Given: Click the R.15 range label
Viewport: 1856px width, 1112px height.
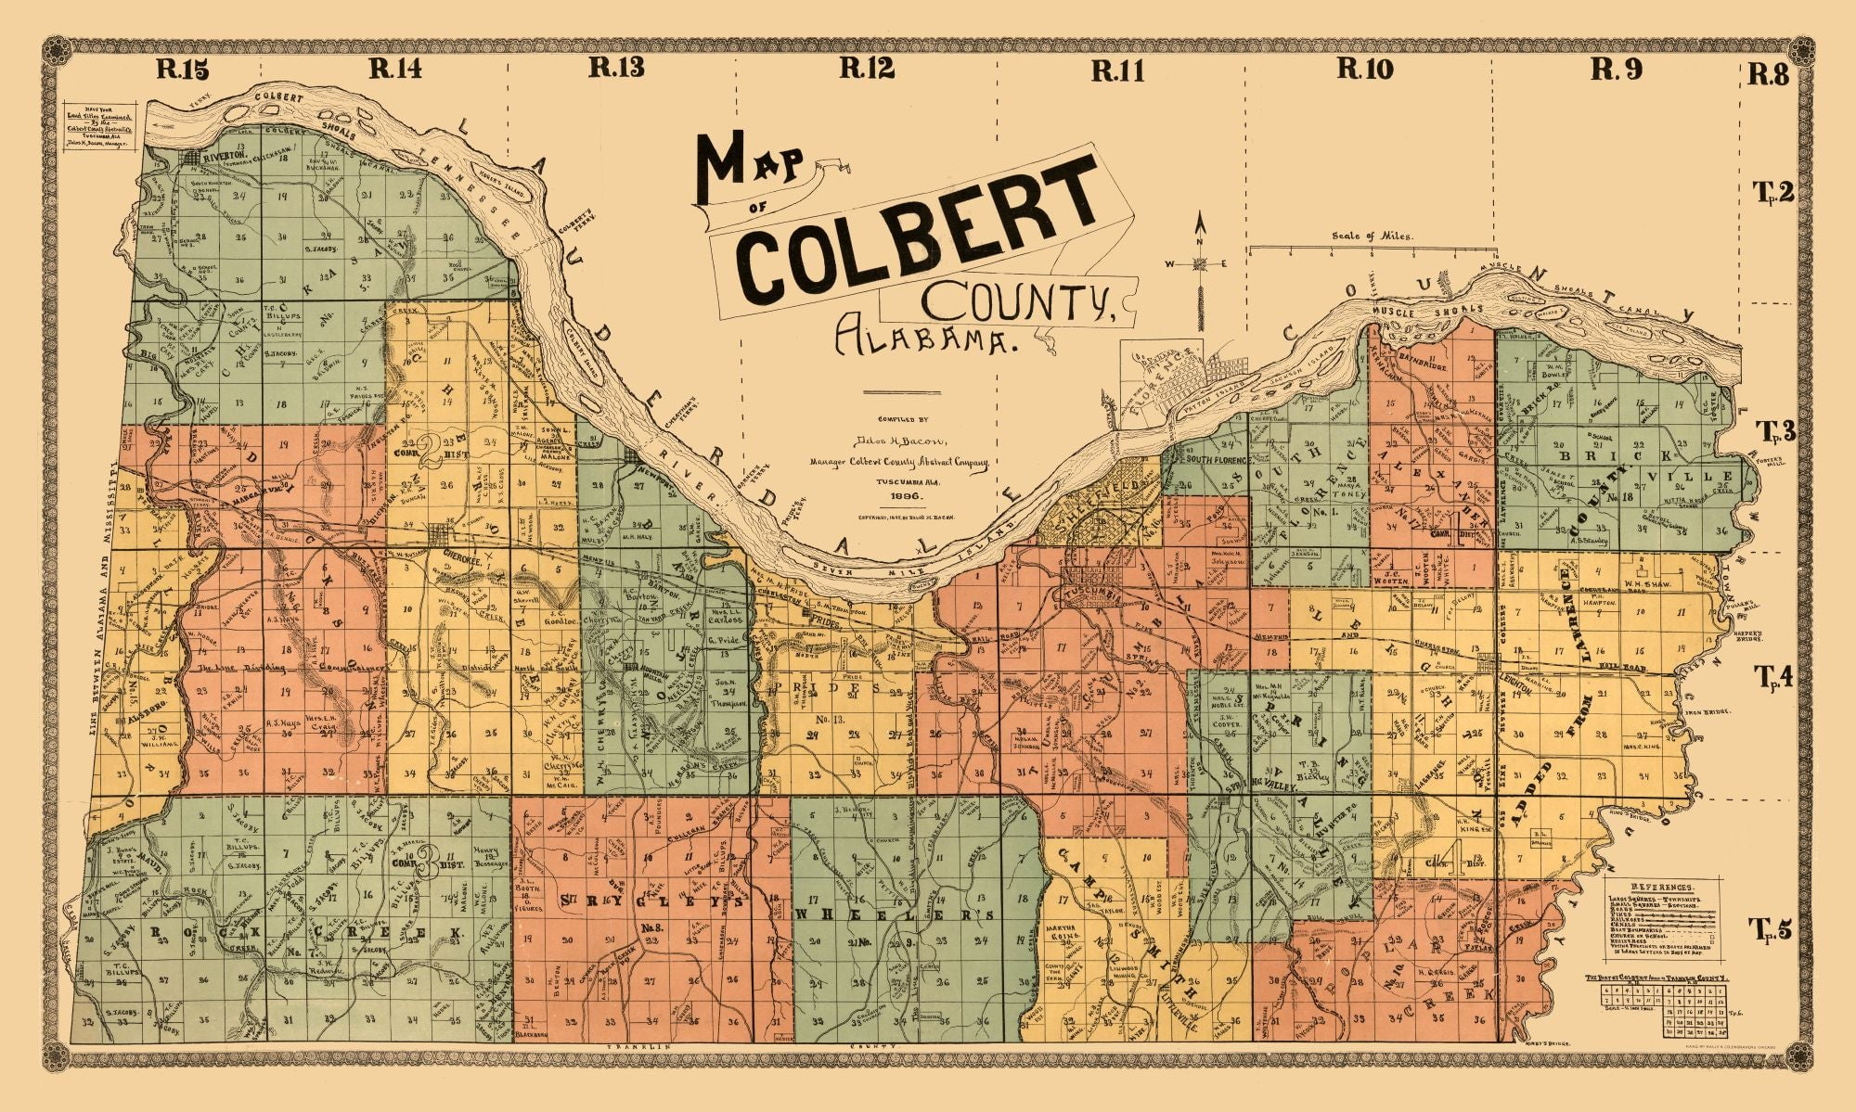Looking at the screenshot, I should click(183, 69).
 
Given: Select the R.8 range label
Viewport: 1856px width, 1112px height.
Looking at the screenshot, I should click(1767, 74).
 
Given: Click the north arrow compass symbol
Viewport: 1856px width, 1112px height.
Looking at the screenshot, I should click(1199, 263).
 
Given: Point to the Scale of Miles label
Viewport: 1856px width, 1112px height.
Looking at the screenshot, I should click(1372, 236).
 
